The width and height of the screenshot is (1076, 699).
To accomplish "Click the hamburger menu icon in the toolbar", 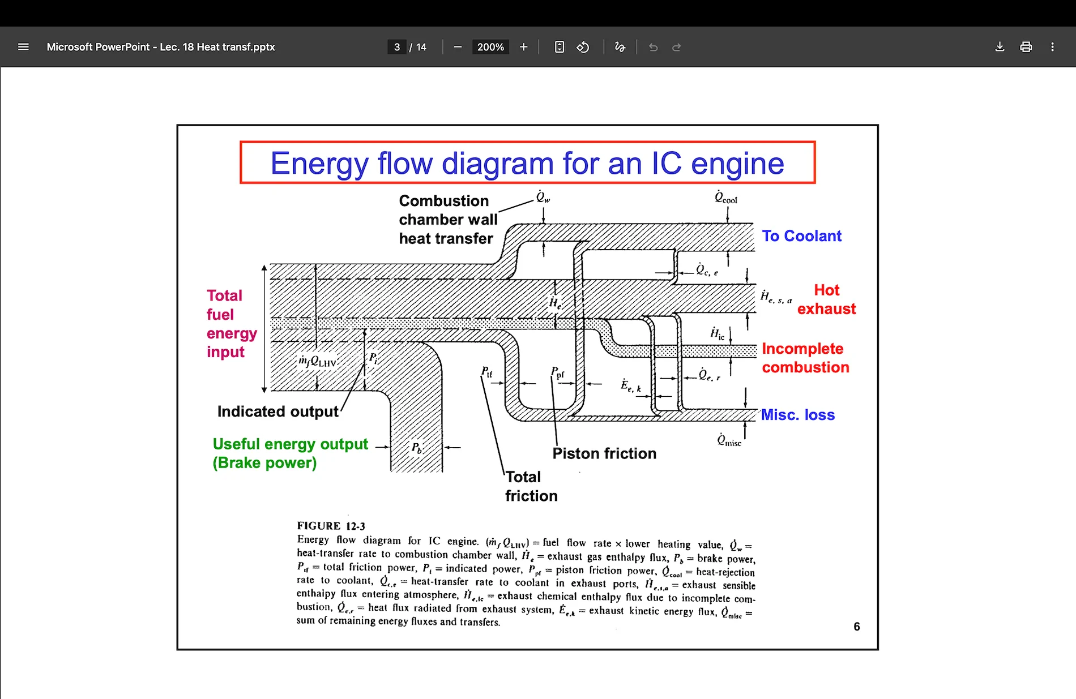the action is (x=23, y=47).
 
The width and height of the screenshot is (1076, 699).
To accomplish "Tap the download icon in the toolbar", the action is (x=1000, y=47).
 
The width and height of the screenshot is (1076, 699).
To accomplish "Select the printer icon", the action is (x=1026, y=47).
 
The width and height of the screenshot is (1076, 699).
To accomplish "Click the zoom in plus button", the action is (x=523, y=47).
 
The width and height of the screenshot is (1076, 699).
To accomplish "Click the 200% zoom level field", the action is (x=490, y=47).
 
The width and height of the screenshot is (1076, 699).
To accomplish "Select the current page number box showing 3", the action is (x=397, y=47).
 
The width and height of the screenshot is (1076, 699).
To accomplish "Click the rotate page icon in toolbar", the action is (x=583, y=47).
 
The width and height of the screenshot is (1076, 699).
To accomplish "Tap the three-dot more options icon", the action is (x=1052, y=47).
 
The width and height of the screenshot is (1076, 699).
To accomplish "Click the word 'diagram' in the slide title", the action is (x=497, y=164).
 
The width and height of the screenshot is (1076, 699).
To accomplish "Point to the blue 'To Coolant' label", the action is (x=801, y=236).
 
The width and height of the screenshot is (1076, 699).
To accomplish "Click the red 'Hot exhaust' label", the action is (x=826, y=299).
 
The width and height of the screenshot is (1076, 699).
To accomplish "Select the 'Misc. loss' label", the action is (x=797, y=415).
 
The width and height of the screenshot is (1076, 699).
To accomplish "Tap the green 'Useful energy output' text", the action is (x=290, y=444).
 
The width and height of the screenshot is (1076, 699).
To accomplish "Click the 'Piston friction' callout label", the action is (x=604, y=453).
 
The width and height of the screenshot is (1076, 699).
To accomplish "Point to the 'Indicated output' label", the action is (x=277, y=411).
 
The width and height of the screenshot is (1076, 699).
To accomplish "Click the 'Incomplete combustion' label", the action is (x=805, y=358).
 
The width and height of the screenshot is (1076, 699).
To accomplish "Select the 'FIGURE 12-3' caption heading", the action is (x=331, y=526).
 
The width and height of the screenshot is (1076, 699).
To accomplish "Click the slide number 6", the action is (x=856, y=627).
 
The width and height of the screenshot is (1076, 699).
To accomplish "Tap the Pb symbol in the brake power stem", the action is (x=416, y=448).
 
